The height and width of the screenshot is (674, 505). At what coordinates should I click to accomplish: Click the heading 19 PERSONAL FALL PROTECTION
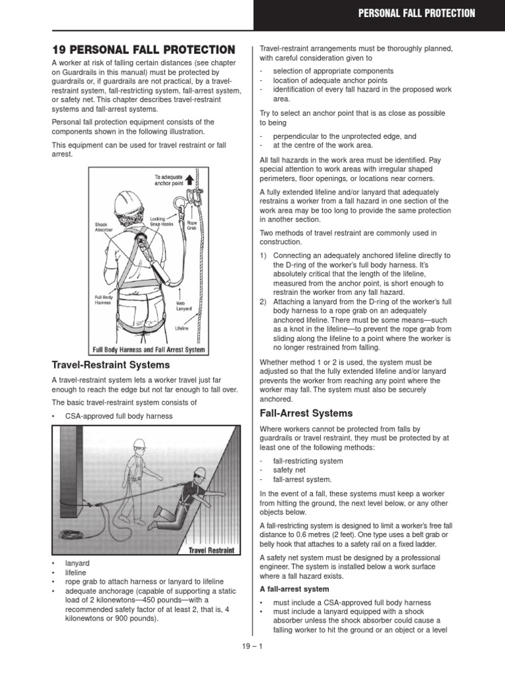[143, 50]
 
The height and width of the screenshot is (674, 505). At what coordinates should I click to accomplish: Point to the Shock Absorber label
[104, 226]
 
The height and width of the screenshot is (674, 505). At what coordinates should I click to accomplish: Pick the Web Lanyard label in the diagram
[184, 306]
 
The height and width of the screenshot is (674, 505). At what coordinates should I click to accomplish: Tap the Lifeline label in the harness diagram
[182, 326]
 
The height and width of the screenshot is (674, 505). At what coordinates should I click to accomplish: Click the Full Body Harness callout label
[105, 300]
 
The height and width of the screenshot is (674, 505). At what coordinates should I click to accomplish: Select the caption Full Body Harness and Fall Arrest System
[148, 350]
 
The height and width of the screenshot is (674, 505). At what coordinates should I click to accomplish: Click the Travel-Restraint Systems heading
[110, 365]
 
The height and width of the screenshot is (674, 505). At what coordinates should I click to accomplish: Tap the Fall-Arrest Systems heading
[306, 413]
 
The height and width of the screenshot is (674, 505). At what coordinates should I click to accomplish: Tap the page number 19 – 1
[252, 646]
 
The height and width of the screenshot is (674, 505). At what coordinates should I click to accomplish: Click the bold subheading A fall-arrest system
[294, 588]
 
